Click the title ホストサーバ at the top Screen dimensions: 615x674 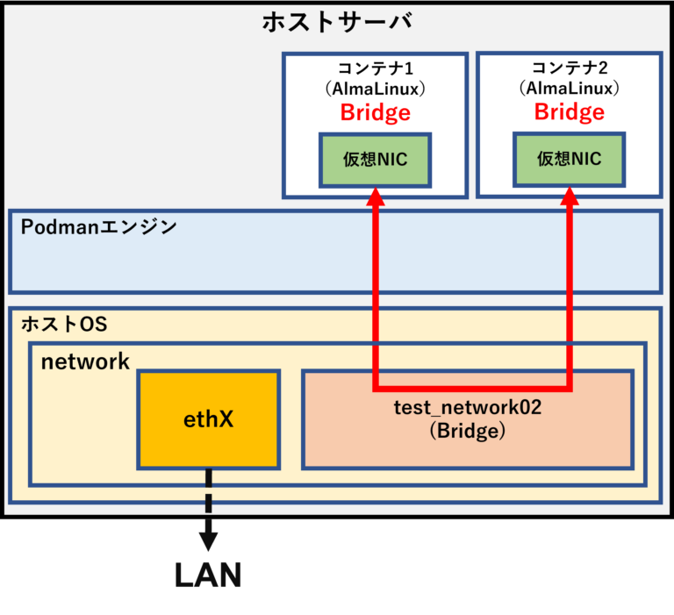pos(336,22)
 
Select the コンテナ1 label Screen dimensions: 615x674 pos(375,68)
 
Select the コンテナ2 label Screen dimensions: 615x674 pos(569,68)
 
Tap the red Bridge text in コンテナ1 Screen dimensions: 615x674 pos(375,112)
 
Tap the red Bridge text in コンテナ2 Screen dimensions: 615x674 pos(569,112)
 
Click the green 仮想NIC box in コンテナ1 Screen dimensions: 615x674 pos(375,160)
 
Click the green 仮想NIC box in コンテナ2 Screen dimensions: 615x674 pos(569,160)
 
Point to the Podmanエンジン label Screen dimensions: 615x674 pos(98,227)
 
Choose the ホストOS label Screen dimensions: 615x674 pos(63,324)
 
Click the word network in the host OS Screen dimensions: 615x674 pos(85,361)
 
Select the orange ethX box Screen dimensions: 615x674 pos(208,419)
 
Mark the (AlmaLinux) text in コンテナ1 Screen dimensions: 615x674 pos(375,89)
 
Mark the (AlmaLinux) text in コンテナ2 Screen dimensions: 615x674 pos(569,89)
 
